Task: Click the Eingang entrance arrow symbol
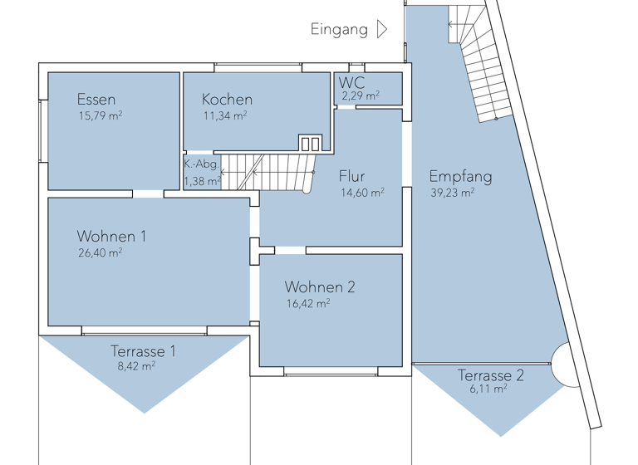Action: click(382, 30)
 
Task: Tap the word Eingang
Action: click(339, 30)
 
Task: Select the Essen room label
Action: click(96, 99)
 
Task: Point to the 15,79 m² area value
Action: click(100, 115)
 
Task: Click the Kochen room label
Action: click(227, 100)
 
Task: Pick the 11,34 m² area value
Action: click(224, 116)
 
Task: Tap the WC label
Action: click(351, 83)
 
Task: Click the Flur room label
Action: click(351, 176)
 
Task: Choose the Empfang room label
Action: click(460, 176)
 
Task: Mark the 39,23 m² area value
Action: click(452, 193)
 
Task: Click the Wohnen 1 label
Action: click(111, 237)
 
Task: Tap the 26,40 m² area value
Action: click(100, 253)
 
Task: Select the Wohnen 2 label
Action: click(320, 287)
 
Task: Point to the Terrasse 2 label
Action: click(491, 375)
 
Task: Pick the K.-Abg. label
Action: click(201, 164)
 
